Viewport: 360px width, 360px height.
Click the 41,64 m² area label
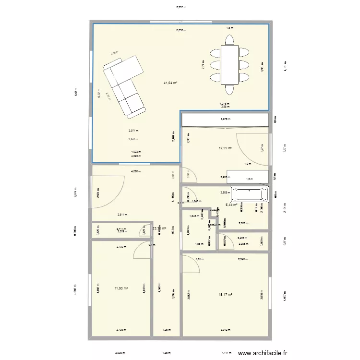click(170, 83)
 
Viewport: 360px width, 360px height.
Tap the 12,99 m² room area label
click(225, 148)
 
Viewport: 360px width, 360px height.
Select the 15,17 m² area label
click(225, 295)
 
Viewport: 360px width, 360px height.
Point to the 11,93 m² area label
click(120, 288)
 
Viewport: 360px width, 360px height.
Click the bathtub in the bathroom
click(249, 194)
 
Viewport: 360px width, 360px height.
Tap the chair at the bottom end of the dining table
click(229, 89)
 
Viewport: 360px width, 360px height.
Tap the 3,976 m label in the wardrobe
click(225, 119)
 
